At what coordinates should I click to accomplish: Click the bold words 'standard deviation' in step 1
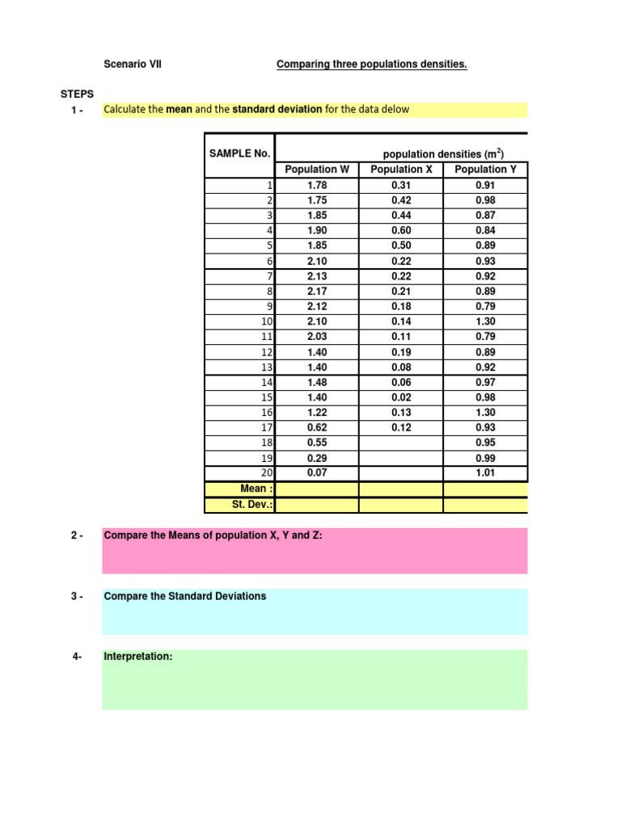coord(277,109)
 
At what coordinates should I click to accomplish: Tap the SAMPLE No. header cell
coord(239,153)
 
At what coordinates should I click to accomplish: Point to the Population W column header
coord(317,170)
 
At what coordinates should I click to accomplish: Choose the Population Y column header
coord(485,170)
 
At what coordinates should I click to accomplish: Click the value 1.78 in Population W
coord(317,185)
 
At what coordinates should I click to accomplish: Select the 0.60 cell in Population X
coord(401,230)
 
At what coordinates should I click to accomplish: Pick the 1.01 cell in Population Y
coord(485,473)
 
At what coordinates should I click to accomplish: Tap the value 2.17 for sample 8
coord(317,291)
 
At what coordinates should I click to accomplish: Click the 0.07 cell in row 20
coord(317,473)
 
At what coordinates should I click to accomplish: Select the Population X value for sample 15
coord(401,397)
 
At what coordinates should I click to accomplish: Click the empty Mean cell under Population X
coord(401,489)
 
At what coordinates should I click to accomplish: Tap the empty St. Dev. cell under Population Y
coord(485,505)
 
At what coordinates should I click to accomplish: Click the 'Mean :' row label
coord(257,489)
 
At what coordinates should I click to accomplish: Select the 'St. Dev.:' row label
coord(252,505)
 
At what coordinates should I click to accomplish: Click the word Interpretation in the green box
coord(138,657)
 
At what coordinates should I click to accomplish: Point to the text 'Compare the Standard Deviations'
coord(185,596)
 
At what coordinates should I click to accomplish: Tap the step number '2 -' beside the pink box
coord(78,535)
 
